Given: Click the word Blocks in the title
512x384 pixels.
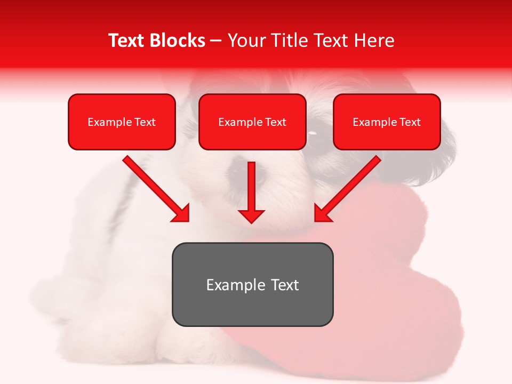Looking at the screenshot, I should (179, 41).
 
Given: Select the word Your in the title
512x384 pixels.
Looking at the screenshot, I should (245, 41).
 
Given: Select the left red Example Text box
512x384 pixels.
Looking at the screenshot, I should (122, 122).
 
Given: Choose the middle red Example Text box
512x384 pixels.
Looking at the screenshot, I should (252, 122).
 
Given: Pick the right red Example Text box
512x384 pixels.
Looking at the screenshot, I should (387, 122).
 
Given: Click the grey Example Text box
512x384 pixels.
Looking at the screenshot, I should (252, 284).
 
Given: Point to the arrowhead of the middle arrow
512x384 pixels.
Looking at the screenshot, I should (251, 215).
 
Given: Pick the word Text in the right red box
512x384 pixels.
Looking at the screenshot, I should (410, 122).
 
